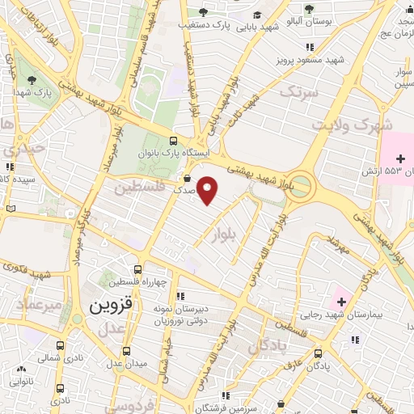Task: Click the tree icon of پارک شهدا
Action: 32,80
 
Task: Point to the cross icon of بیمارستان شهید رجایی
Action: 341,302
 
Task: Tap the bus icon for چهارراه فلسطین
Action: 138,269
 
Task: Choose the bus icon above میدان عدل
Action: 127,351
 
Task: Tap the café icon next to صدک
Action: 188,180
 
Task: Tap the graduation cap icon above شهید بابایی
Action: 256,15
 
